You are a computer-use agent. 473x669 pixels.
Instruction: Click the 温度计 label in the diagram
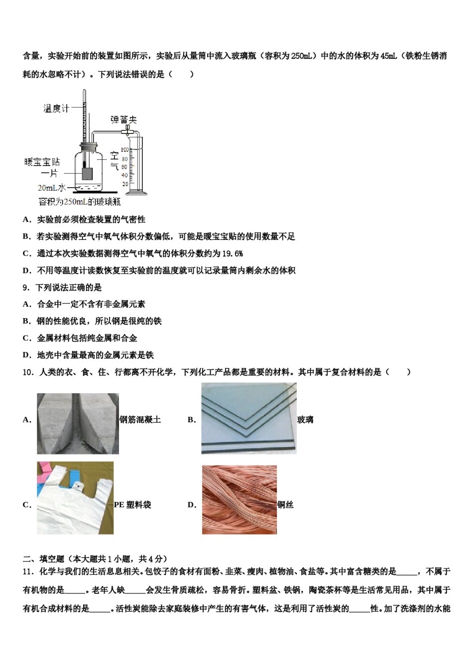click(56, 108)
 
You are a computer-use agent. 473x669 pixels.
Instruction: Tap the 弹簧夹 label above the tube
click(123, 119)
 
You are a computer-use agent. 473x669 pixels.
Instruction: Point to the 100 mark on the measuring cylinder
click(124, 149)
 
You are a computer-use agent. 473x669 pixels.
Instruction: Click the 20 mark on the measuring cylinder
click(125, 184)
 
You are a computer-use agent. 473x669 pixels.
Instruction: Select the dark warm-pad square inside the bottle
click(86, 174)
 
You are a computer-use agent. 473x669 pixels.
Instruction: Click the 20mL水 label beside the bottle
click(52, 188)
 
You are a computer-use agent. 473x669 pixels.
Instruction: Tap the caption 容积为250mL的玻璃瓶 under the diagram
click(80, 202)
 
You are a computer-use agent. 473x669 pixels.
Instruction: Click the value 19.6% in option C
click(232, 253)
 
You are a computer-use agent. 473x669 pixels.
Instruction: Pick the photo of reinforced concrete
click(78, 423)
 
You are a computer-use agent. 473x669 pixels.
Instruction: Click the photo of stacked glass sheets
click(248, 418)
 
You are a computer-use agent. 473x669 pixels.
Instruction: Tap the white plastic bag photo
click(75, 498)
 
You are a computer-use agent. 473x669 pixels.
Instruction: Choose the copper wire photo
click(239, 500)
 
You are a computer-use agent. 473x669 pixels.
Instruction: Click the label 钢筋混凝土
click(140, 420)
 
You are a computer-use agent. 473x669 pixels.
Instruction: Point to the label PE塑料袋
click(132, 505)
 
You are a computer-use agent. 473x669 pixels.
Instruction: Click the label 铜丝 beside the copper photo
click(285, 505)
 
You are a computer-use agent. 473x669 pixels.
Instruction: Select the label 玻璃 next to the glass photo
click(305, 420)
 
